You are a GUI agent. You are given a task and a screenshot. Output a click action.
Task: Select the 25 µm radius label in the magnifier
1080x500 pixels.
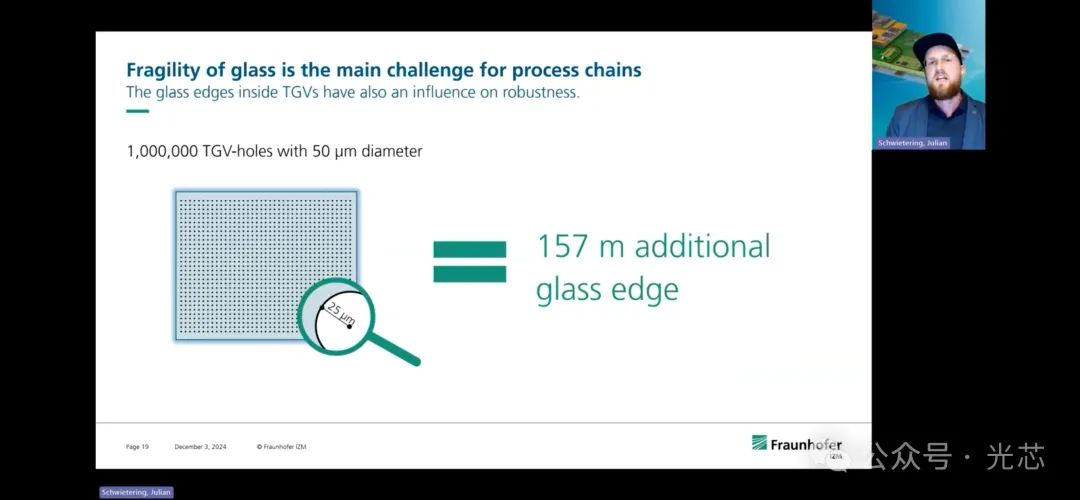pos(340,313)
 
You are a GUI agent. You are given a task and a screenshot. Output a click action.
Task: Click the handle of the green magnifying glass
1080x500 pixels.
pos(395,348)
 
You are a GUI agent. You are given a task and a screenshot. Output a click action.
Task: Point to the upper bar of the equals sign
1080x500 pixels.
pos(469,249)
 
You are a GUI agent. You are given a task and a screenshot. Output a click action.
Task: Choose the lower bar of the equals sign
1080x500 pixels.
pos(469,274)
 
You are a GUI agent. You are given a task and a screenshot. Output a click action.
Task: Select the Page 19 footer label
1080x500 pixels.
pos(137,447)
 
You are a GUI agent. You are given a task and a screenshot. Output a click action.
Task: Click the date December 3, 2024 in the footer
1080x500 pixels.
pos(200,447)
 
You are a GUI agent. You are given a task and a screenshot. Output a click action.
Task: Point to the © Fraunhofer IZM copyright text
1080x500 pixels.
pos(281,447)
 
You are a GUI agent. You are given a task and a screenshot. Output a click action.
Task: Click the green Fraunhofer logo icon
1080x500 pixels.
pos(759,443)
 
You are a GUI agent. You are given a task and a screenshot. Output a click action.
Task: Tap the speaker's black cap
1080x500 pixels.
pos(937,45)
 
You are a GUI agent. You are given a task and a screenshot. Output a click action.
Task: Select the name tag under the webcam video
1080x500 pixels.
pos(913,143)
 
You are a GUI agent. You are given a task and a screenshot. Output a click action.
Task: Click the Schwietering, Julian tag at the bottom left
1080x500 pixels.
pos(136,492)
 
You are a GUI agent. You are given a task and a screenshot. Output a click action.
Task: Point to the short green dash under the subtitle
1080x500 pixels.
pos(138,111)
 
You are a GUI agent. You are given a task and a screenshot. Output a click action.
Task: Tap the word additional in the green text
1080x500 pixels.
pos(702,247)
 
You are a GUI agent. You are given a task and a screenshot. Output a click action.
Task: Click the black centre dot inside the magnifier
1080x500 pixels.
pos(349,326)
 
